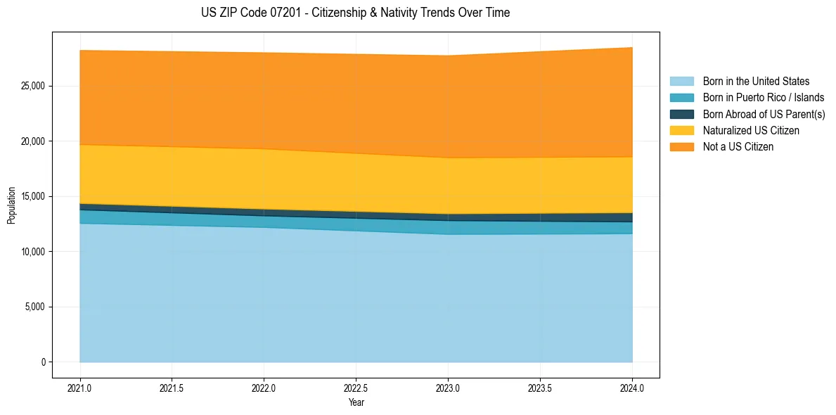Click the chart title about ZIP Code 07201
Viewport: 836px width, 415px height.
[x=356, y=13]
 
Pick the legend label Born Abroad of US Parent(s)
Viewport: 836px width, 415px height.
[x=764, y=114]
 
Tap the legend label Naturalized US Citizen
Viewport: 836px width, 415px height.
[x=751, y=131]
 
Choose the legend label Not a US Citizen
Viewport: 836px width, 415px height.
[x=738, y=147]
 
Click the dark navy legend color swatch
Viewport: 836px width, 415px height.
[x=681, y=114]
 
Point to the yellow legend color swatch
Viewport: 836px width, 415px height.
[x=681, y=131]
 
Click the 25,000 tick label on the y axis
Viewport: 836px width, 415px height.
[x=33, y=86]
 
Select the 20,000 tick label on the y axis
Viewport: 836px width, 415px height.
[x=33, y=141]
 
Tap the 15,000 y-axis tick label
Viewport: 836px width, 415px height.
[x=33, y=196]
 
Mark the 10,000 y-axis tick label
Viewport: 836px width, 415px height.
[x=33, y=252]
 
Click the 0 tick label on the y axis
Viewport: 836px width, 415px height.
[x=42, y=362]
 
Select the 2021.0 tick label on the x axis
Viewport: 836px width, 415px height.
[x=79, y=388]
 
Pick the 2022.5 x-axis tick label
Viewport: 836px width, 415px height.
[x=356, y=388]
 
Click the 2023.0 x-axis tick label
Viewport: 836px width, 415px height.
[x=448, y=388]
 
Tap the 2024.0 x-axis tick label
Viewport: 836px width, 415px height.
[x=632, y=388]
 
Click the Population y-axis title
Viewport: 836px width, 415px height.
[x=11, y=205]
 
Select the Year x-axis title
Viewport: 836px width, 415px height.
[x=356, y=402]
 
